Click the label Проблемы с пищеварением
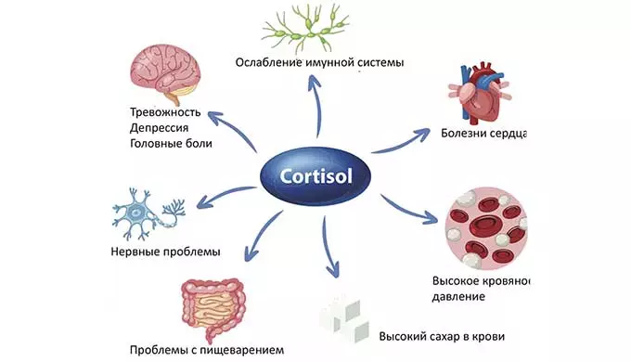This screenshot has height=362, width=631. [207, 350]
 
